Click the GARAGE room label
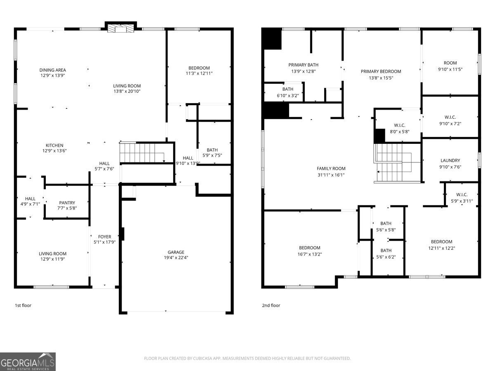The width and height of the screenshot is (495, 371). pyautogui.click(x=176, y=252)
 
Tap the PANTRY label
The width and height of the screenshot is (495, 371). pyautogui.click(x=67, y=202)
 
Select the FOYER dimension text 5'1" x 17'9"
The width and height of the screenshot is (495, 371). pyautogui.click(x=104, y=242)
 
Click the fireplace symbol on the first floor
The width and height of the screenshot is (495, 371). pyautogui.click(x=120, y=28)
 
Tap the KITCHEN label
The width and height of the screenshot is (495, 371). pyautogui.click(x=54, y=145)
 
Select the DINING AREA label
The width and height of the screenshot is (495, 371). pyautogui.click(x=52, y=70)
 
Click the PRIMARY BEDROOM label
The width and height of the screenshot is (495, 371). pyautogui.click(x=381, y=71)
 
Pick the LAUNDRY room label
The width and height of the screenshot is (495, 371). pyautogui.click(x=450, y=160)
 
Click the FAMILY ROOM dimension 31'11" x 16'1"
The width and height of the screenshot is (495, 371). pyautogui.click(x=331, y=175)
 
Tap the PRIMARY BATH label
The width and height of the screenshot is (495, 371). pyautogui.click(x=303, y=65)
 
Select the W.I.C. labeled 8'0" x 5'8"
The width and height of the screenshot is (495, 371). pyautogui.click(x=400, y=125)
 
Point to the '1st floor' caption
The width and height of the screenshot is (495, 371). pyautogui.click(x=23, y=305)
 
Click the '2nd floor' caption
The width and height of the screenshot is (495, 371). pyautogui.click(x=271, y=305)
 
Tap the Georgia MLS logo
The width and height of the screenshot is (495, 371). pyautogui.click(x=28, y=362)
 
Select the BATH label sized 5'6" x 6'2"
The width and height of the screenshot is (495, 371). pyautogui.click(x=386, y=250)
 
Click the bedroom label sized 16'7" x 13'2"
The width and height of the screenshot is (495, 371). pyautogui.click(x=309, y=248)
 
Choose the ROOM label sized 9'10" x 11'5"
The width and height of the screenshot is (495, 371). pyautogui.click(x=450, y=63)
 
